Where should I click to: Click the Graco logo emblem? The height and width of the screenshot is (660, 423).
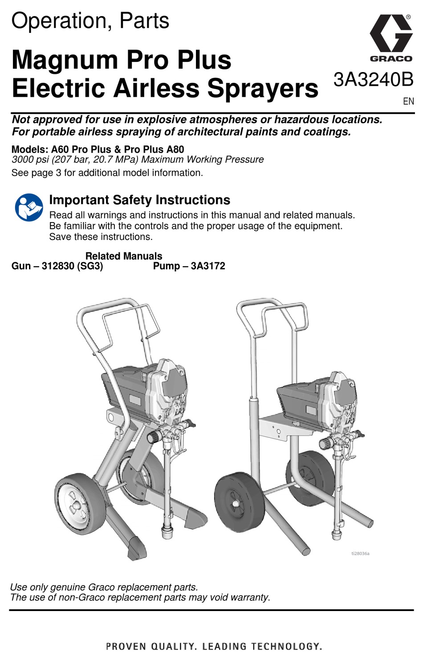point(390,35)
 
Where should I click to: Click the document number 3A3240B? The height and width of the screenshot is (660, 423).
point(373,80)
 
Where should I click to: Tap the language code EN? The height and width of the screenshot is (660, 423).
point(408,101)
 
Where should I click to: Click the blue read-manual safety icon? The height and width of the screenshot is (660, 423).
point(29,207)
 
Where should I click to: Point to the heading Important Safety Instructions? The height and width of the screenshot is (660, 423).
point(139,200)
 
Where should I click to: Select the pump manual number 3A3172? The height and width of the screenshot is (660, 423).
point(208,266)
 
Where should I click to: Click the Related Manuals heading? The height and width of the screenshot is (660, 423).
point(124,256)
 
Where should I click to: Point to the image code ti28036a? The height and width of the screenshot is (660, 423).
point(360,554)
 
